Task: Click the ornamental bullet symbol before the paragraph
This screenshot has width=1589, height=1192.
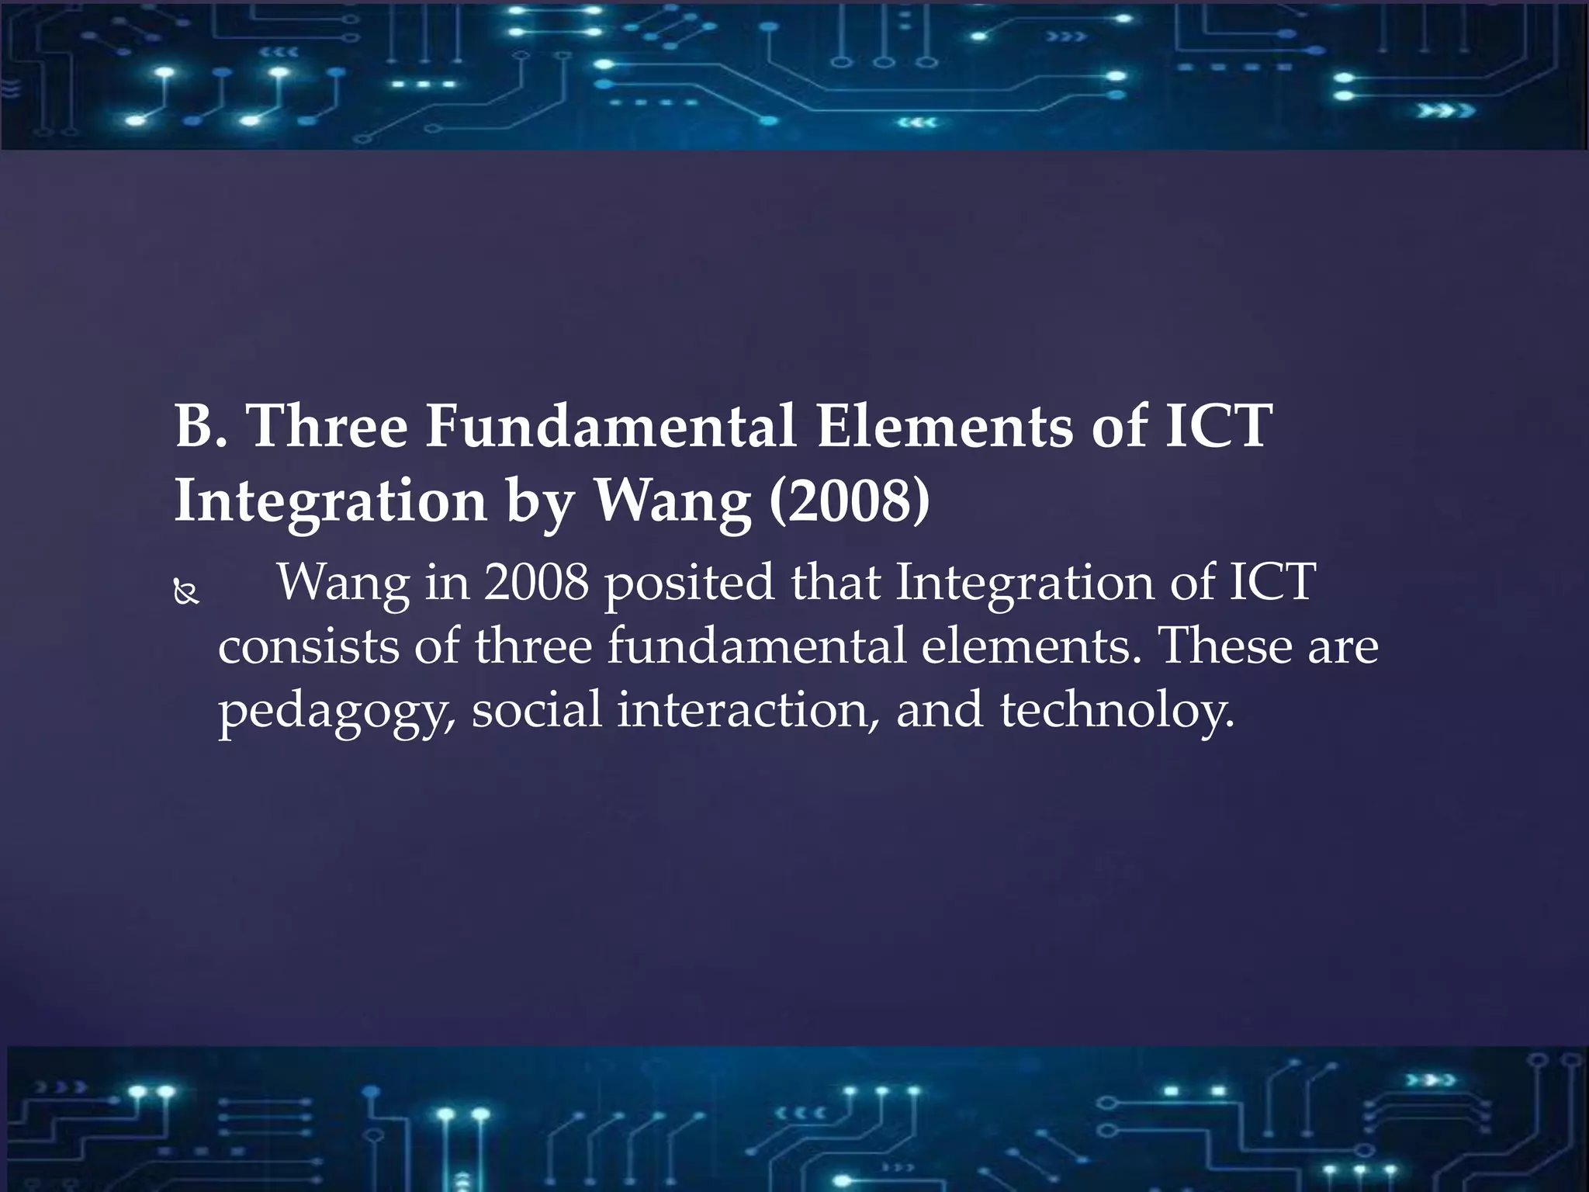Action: (186, 594)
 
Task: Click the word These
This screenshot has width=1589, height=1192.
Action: (1225, 646)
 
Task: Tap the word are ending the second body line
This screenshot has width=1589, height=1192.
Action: (1343, 647)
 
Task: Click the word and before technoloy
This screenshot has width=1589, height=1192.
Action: (939, 709)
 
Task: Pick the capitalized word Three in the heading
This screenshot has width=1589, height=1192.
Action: (327, 426)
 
